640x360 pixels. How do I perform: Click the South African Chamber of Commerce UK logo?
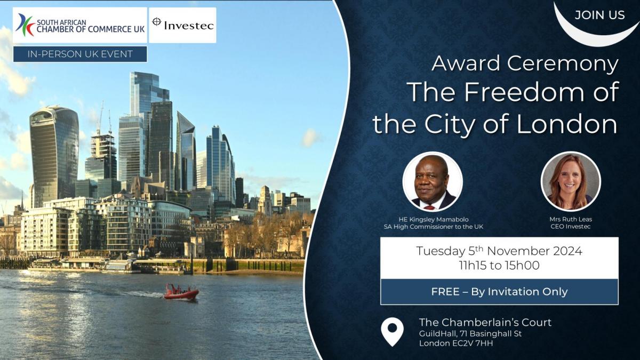(79, 25)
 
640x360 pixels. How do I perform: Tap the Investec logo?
(182, 25)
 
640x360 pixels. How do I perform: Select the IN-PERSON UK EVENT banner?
(80, 54)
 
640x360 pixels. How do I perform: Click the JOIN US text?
(599, 15)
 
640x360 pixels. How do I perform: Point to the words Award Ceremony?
(525, 63)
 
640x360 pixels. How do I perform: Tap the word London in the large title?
(567, 124)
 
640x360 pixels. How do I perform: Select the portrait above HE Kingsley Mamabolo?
(433, 182)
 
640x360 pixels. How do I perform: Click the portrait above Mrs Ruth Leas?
(571, 182)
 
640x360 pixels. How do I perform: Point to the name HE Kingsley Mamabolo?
(434, 219)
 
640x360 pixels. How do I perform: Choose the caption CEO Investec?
(571, 227)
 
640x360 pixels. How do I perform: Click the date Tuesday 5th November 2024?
(499, 251)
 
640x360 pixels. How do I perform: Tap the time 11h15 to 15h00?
(499, 266)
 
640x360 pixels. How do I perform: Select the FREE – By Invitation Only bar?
(499, 292)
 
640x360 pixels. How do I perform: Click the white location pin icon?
(393, 331)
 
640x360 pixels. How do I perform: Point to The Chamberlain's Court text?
(485, 322)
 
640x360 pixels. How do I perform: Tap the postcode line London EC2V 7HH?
(456, 343)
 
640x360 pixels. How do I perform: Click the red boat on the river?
(181, 292)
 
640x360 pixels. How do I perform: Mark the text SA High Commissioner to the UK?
(434, 227)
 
